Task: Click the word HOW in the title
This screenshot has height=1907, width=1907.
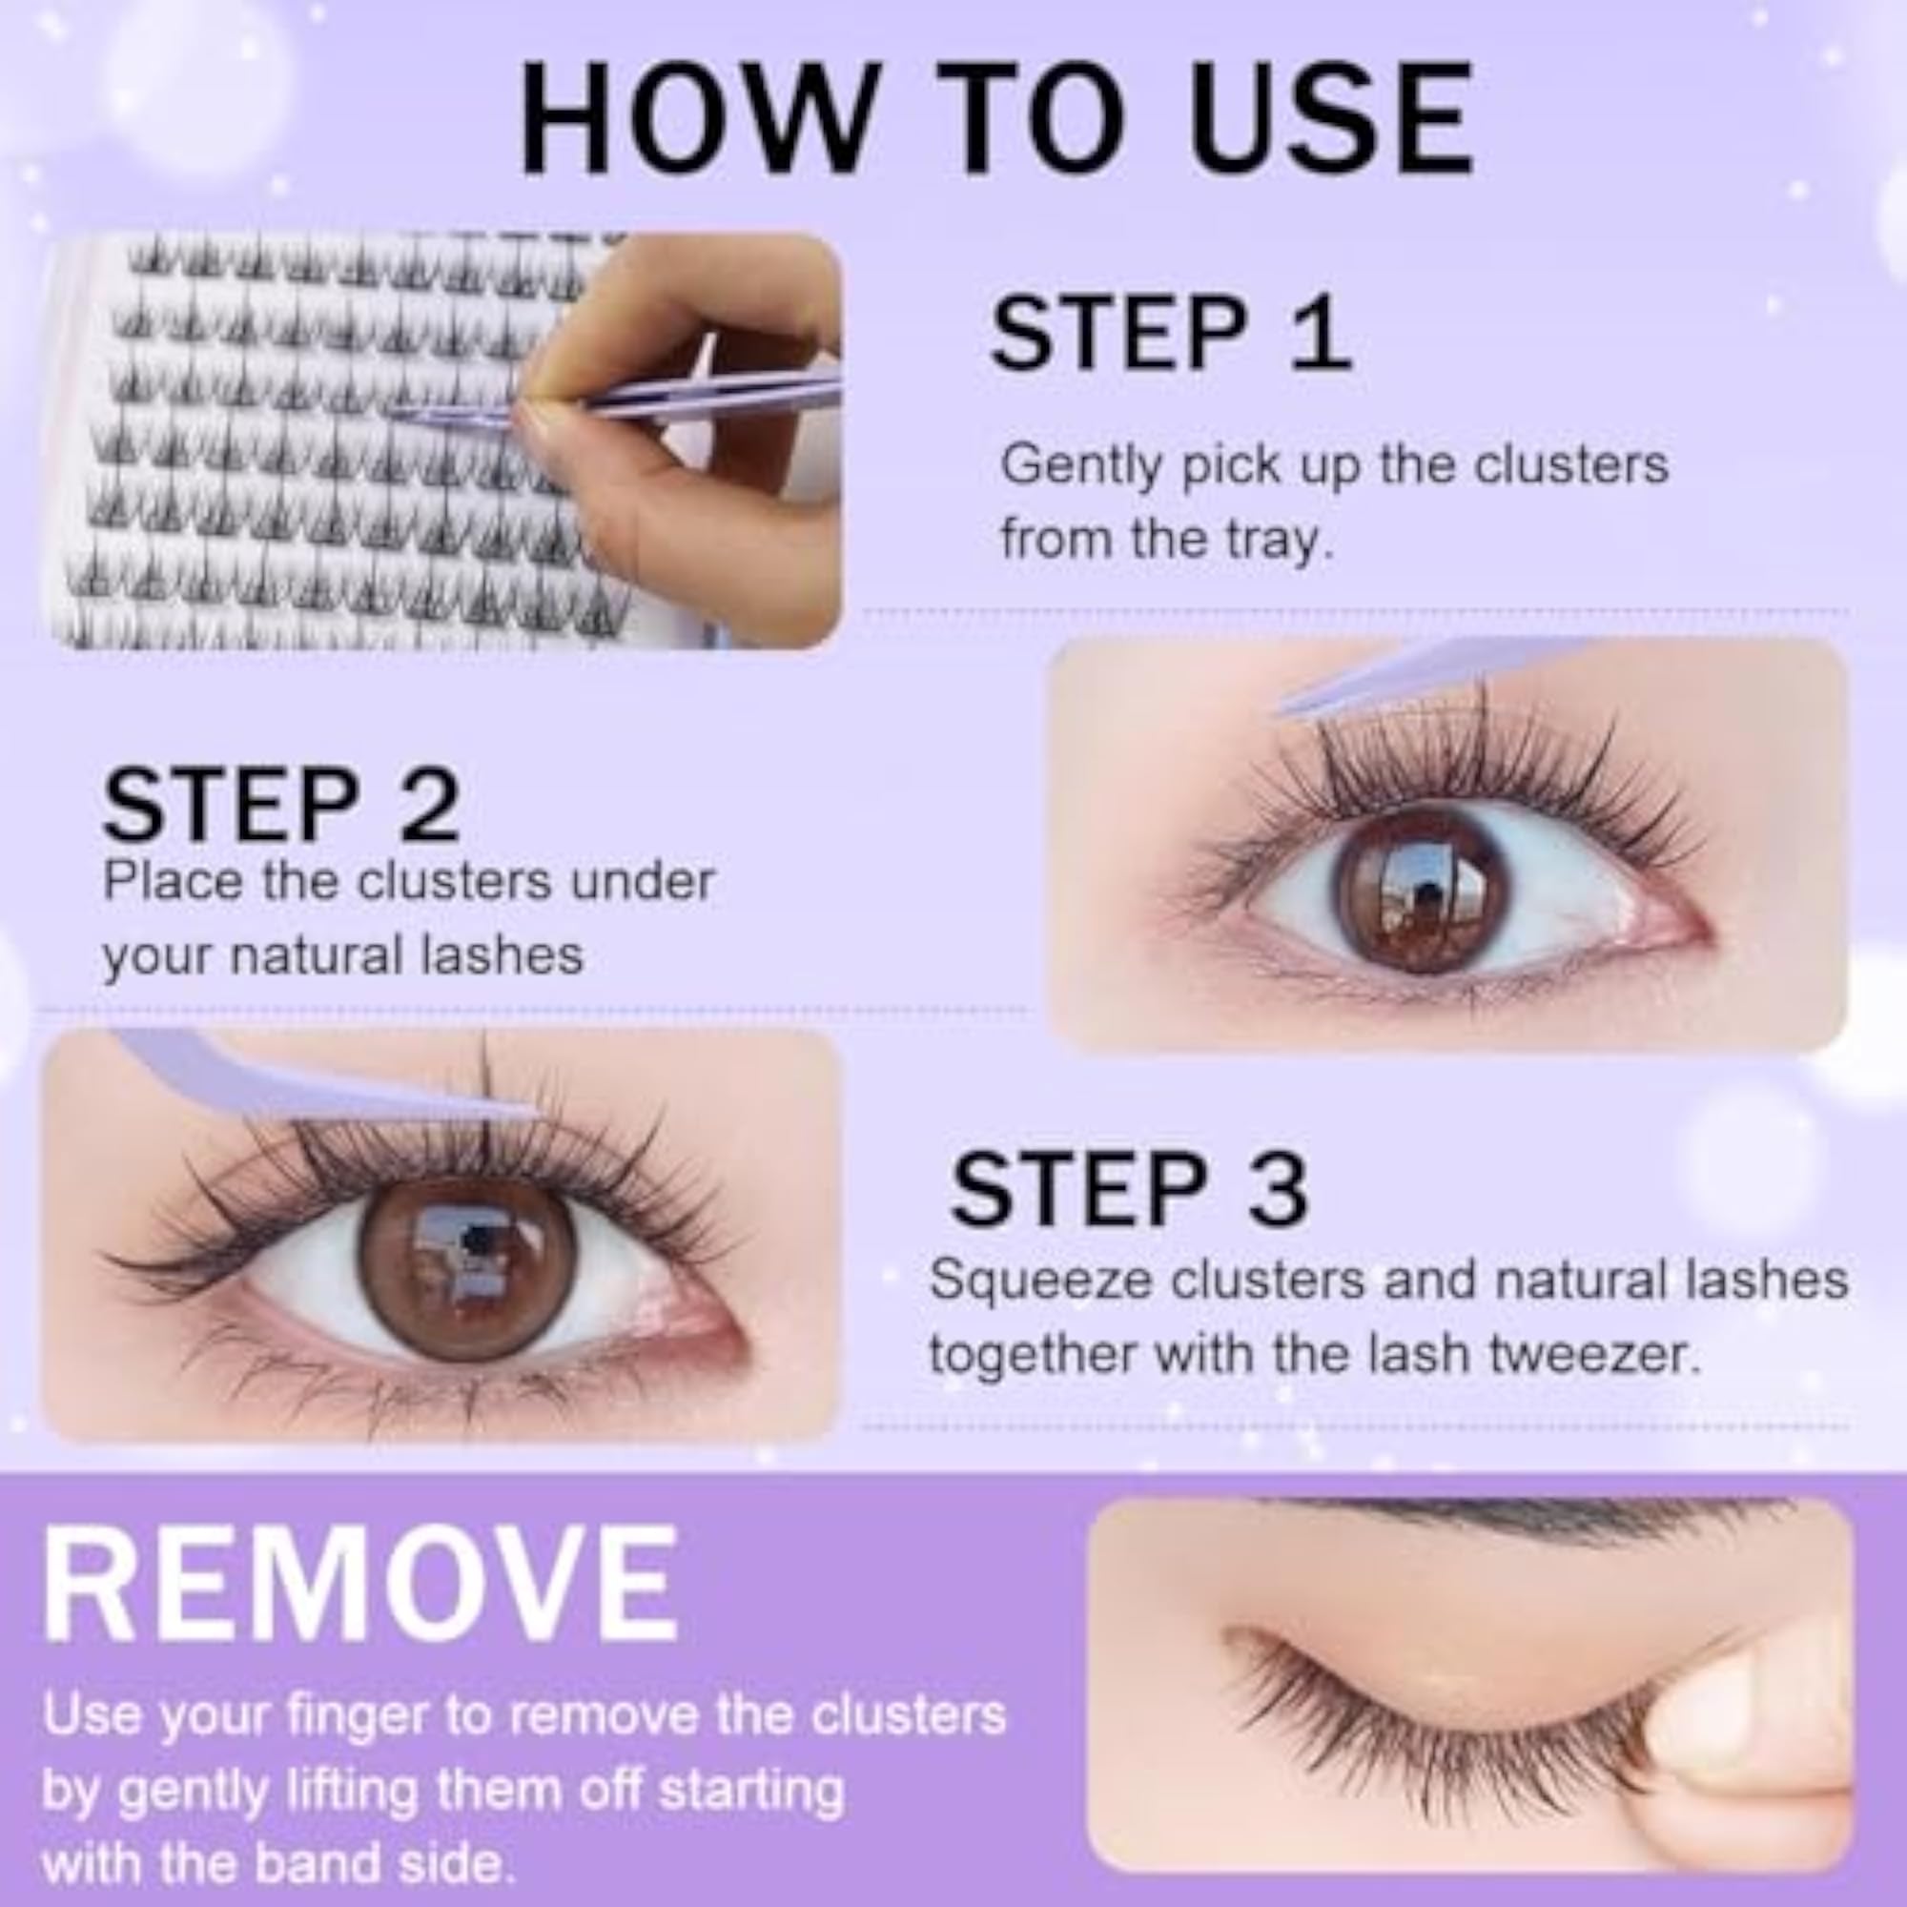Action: coord(697,118)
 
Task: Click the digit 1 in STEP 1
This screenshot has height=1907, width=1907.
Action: coord(1322,334)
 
